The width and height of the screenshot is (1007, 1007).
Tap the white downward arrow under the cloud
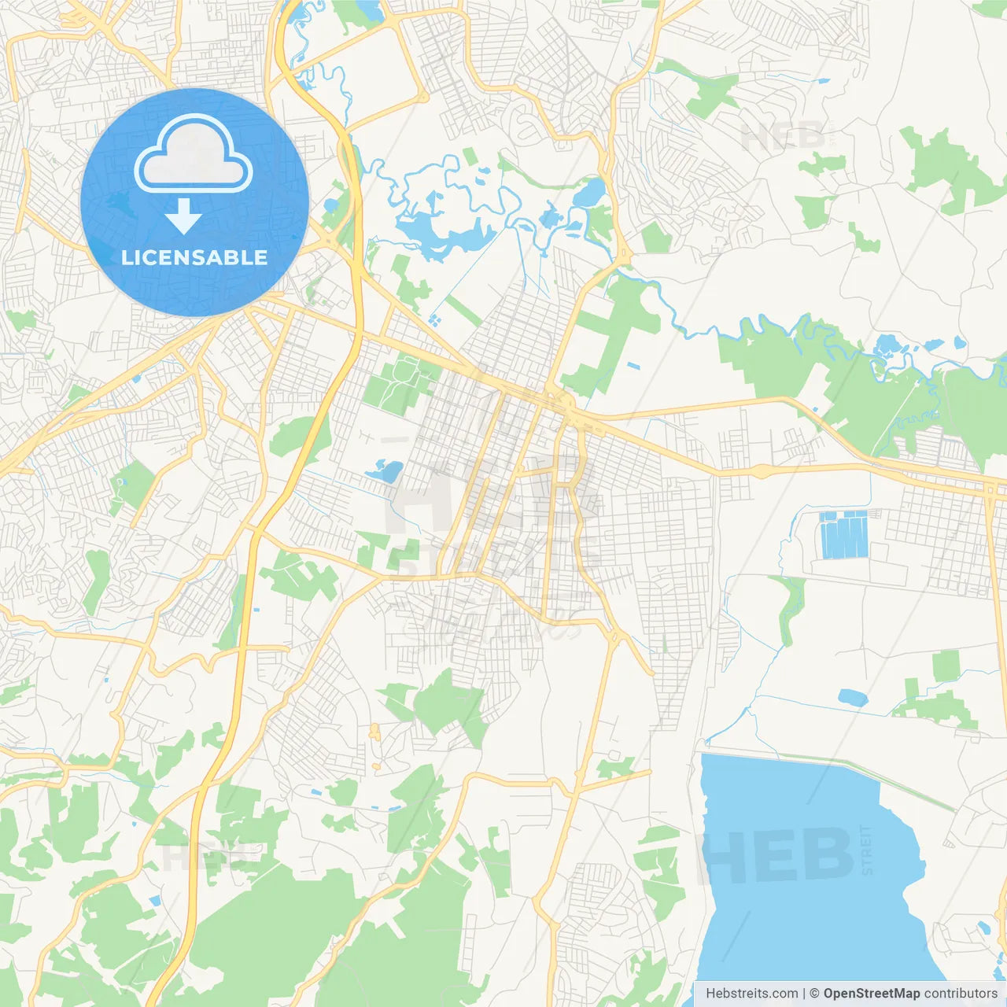[x=183, y=216]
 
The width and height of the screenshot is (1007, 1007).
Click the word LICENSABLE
[x=194, y=257]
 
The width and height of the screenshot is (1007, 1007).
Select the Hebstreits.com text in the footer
[x=751, y=994]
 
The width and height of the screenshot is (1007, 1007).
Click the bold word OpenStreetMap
[x=871, y=994]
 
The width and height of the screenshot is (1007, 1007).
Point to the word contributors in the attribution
[x=961, y=994]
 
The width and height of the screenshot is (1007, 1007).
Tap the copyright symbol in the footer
[x=814, y=994]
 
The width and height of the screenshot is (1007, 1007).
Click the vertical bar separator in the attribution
[x=804, y=994]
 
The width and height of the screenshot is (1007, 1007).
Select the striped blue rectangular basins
[x=843, y=535]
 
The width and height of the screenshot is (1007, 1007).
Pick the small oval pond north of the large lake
[x=852, y=697]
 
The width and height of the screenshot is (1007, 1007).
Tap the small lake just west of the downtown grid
[x=385, y=472]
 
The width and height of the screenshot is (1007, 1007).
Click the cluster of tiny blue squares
[x=433, y=320]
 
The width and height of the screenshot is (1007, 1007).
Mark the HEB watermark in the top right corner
[x=782, y=138]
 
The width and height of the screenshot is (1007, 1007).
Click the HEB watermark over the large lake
[x=775, y=855]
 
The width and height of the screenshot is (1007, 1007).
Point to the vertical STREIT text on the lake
[x=867, y=850]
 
